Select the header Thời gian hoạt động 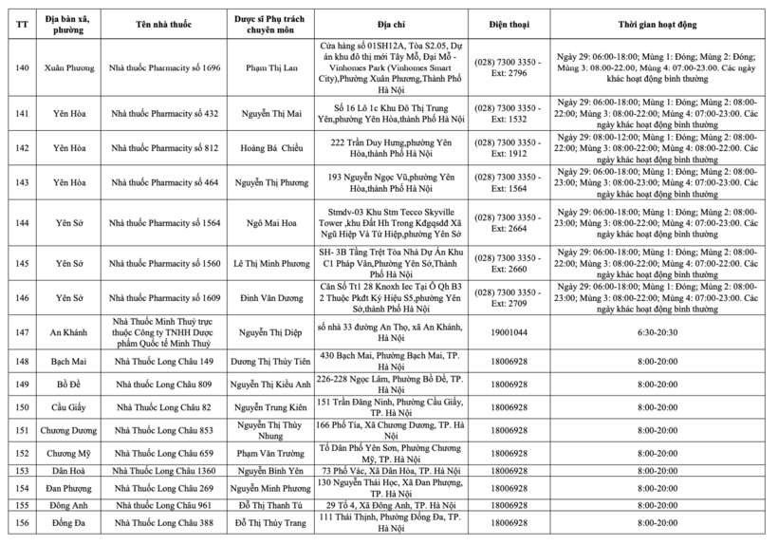(658, 17)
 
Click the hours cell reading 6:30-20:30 (658, 332)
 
